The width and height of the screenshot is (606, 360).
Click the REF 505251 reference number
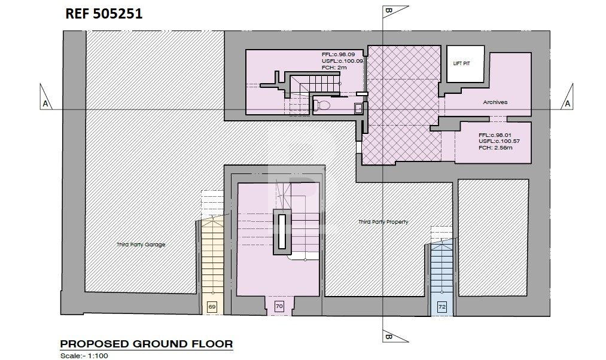[x=103, y=14]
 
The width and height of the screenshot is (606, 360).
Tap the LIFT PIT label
[x=461, y=63]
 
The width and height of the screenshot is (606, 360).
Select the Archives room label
[x=495, y=102]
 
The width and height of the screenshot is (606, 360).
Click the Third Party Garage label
[x=141, y=245]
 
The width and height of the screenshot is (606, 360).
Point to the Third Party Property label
[x=383, y=222]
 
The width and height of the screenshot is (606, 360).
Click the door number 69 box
[x=212, y=307]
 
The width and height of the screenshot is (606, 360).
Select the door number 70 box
[x=279, y=306]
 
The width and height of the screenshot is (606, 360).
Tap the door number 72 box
[x=441, y=307]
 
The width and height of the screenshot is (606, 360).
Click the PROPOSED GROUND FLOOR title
[x=147, y=344]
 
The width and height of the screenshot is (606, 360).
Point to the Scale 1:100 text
[x=84, y=356]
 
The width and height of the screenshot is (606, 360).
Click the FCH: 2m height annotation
[x=334, y=68]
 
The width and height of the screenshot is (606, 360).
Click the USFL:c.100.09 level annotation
[x=342, y=61]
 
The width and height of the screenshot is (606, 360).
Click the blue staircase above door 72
[x=441, y=267]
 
